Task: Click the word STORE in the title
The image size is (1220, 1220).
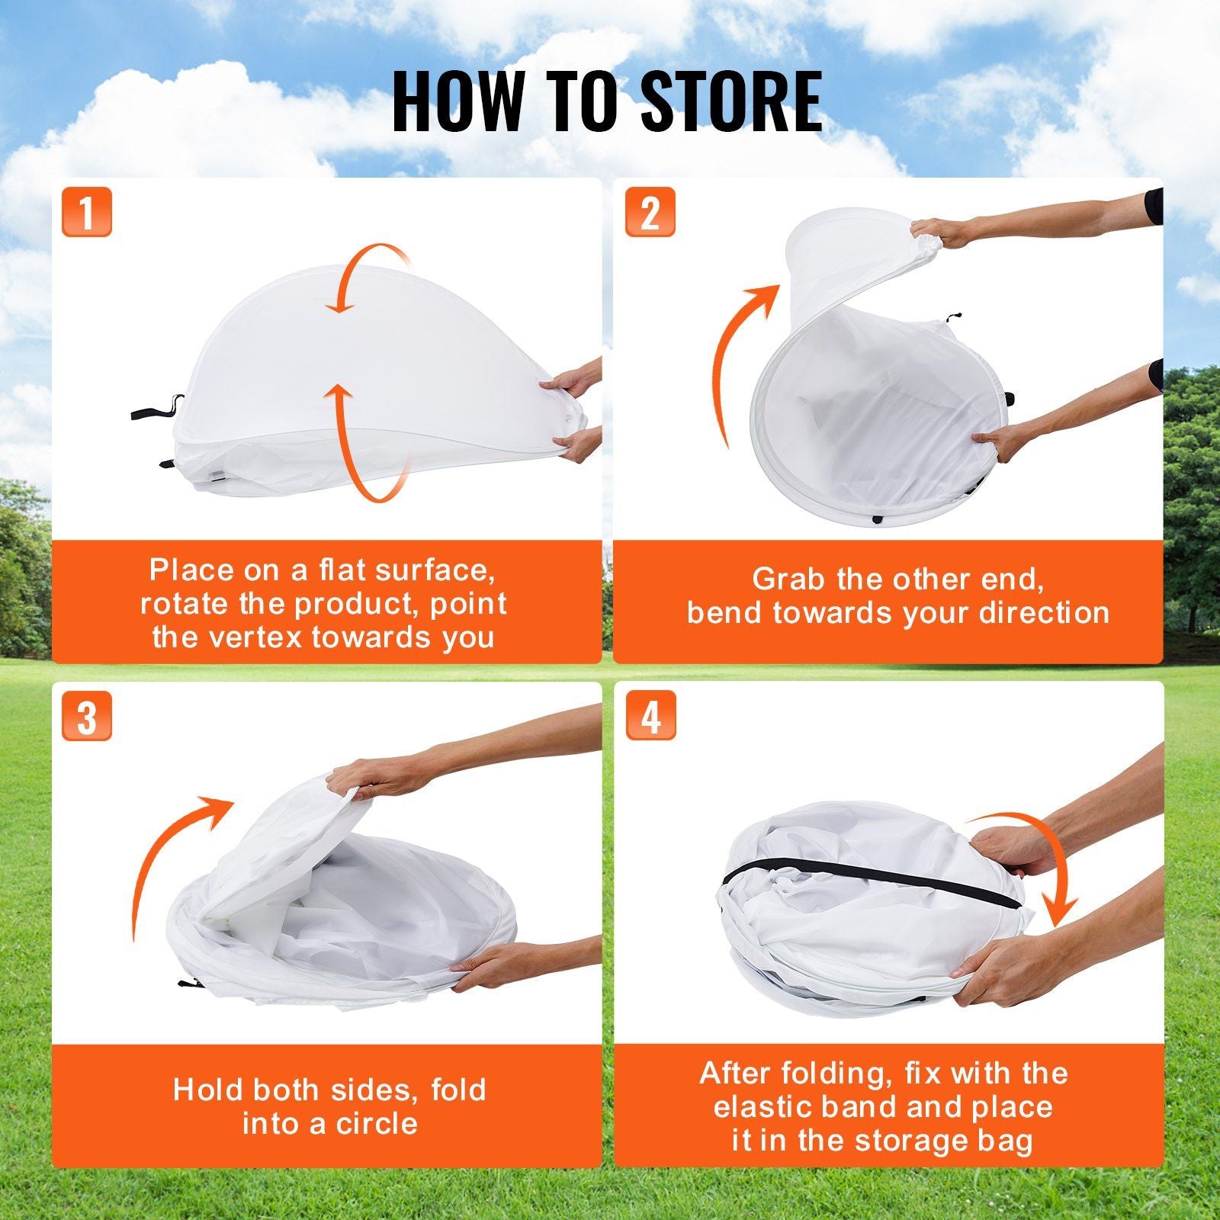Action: (730, 101)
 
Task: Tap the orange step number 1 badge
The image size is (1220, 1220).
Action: (87, 211)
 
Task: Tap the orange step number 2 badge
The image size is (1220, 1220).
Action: (650, 211)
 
